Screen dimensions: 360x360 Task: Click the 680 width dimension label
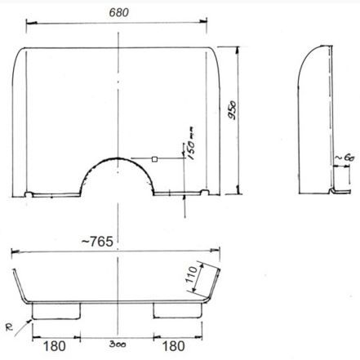[x=118, y=12]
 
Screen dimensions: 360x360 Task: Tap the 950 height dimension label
[x=232, y=110]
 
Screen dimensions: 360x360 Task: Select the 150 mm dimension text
[x=191, y=143]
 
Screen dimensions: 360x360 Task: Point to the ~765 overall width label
[x=97, y=242]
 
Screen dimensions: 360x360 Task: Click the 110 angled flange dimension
[x=191, y=274]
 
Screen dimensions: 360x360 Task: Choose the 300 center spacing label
[x=118, y=344]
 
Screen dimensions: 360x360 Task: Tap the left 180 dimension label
[x=55, y=346]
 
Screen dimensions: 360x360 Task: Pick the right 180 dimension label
[x=173, y=346]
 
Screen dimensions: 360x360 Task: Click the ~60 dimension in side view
[x=344, y=158]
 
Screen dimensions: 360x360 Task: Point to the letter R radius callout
[x=9, y=327]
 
